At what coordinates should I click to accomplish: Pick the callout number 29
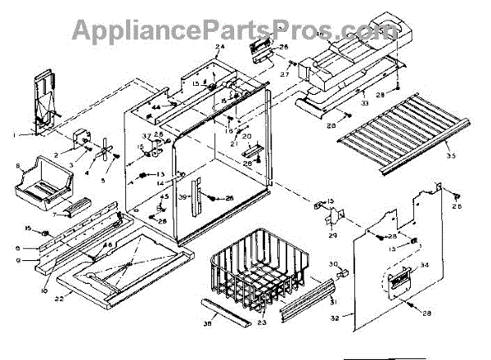point(333,236)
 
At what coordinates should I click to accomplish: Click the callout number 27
point(286,75)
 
